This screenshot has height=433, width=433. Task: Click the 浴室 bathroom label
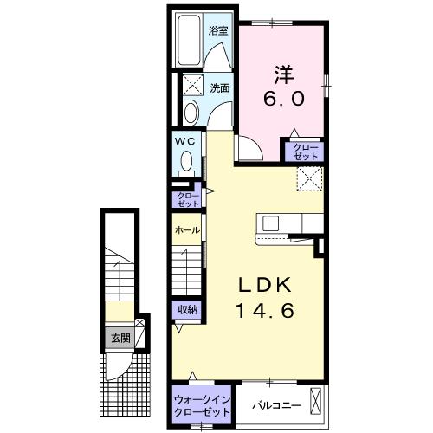pyautogui.click(x=218, y=30)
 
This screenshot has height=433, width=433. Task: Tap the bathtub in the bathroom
pyautogui.click(x=189, y=40)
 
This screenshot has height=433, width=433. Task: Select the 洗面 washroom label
pyautogui.click(x=220, y=88)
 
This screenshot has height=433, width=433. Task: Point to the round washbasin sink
pyautogui.click(x=191, y=113)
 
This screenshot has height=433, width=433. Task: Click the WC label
pyautogui.click(x=186, y=142)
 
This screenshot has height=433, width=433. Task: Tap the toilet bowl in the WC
pyautogui.click(x=186, y=161)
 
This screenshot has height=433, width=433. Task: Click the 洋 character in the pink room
pyautogui.click(x=284, y=74)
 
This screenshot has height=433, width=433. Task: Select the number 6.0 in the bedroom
pyautogui.click(x=283, y=99)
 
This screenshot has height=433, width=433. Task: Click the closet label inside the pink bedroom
pyautogui.click(x=306, y=152)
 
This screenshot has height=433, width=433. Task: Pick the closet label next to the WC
pyautogui.click(x=188, y=200)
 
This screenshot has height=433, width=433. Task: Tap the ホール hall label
pyautogui.click(x=187, y=230)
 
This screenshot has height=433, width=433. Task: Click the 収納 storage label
pyautogui.click(x=187, y=310)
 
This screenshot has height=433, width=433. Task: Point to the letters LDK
pyautogui.click(x=265, y=286)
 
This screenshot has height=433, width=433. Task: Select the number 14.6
pyautogui.click(x=265, y=311)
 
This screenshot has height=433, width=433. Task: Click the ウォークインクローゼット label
pyautogui.click(x=203, y=405)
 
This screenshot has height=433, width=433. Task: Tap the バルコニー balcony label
pyautogui.click(x=277, y=405)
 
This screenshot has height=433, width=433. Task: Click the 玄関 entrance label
pyautogui.click(x=121, y=338)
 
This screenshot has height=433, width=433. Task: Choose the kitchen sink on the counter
pyautogui.click(x=270, y=223)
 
